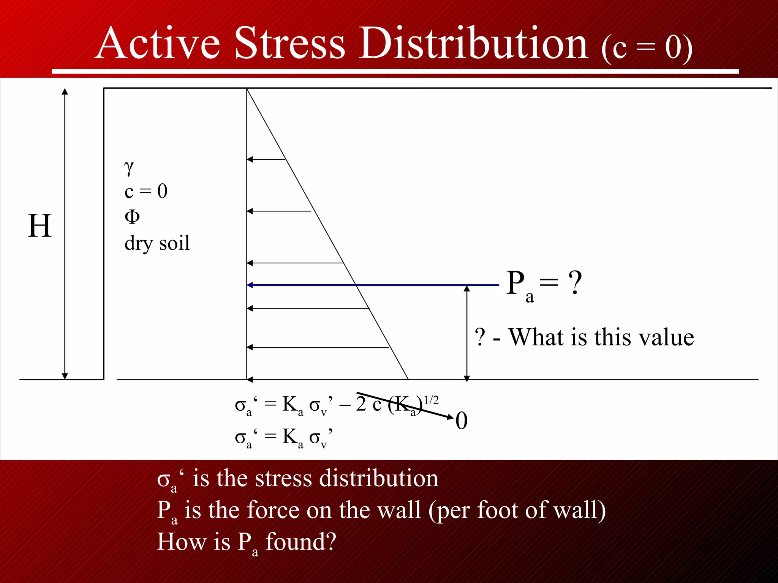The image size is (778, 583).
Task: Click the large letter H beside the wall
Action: coord(40,226)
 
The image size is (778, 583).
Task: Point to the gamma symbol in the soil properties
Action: coord(129,167)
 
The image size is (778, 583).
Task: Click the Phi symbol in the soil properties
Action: coord(132,217)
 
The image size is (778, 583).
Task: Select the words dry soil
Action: coord(157,243)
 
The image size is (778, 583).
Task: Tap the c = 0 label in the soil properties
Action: coord(146,191)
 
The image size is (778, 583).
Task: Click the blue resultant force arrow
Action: coord(372,285)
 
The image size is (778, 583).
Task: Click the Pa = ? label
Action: coord(544,285)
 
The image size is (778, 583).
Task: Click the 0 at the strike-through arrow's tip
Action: coord(461,421)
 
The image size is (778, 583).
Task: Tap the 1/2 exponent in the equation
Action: coord(431,400)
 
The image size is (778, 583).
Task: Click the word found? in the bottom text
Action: coord(301,542)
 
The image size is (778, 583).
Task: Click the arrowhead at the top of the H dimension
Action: coord(65,91)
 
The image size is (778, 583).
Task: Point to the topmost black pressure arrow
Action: coord(266,159)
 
